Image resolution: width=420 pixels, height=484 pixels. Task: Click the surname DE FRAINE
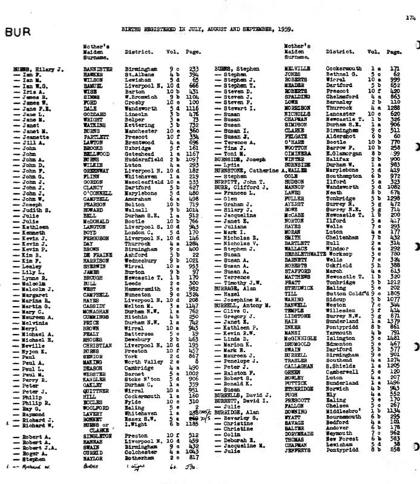[x=97, y=255]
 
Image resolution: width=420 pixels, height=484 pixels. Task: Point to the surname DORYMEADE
[x=300, y=450]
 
